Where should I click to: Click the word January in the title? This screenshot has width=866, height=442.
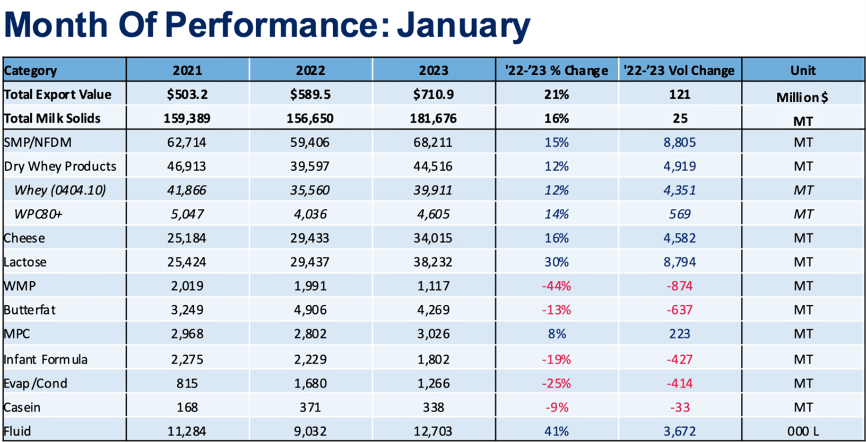(463, 24)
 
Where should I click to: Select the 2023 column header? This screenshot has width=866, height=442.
(434, 70)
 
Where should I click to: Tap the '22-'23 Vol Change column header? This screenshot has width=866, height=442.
(679, 70)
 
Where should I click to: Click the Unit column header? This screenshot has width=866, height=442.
(803, 70)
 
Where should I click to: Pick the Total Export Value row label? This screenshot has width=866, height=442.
(58, 94)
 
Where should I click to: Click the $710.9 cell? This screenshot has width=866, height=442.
(434, 94)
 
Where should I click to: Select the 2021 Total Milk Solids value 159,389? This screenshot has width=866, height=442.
(187, 118)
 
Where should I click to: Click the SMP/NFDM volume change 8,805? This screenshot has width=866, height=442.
(679, 142)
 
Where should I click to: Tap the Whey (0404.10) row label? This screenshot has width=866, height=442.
(59, 190)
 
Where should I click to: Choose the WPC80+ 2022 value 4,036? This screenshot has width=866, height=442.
(310, 214)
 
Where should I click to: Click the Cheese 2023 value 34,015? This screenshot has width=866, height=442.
(434, 238)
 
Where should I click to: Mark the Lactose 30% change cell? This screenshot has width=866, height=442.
(556, 262)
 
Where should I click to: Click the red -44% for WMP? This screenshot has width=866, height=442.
(556, 286)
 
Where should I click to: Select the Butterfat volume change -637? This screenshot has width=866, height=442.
(679, 310)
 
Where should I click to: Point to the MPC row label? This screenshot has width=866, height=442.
(17, 334)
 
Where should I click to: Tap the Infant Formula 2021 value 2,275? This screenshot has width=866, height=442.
(187, 359)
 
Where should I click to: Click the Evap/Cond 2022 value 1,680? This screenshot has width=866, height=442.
(310, 383)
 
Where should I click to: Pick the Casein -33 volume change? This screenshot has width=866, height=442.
(679, 407)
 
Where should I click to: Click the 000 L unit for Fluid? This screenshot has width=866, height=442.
(803, 431)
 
